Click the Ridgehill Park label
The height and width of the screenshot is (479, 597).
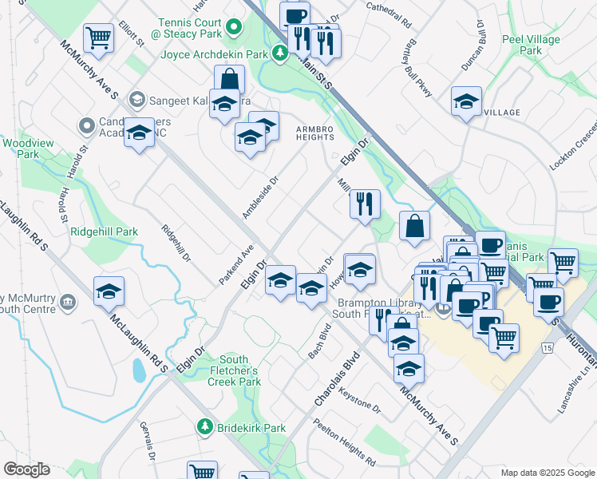point(105,232)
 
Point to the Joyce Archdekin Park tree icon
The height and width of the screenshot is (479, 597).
point(280,54)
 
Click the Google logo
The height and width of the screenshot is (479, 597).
point(26,469)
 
